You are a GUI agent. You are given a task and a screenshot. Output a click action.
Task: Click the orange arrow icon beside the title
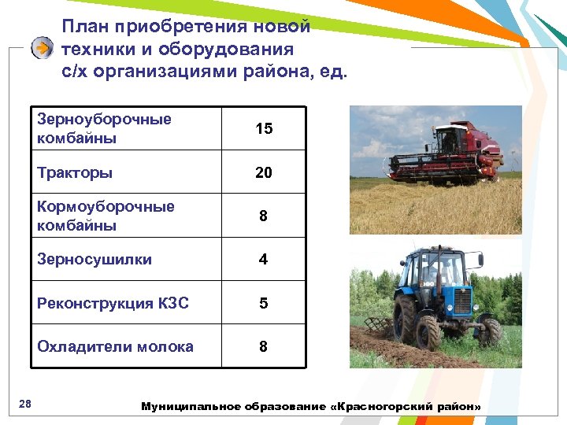(x=42, y=48)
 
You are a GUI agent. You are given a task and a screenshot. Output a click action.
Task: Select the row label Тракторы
(x=75, y=172)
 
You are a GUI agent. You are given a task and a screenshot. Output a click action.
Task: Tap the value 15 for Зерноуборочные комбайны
(x=264, y=128)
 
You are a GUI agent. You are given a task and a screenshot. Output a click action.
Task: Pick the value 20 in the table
(x=264, y=172)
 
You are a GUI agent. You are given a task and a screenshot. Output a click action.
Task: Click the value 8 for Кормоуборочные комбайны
(x=264, y=216)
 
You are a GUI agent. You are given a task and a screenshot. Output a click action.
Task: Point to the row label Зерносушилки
(x=94, y=259)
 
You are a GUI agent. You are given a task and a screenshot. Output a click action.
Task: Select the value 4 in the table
(x=264, y=259)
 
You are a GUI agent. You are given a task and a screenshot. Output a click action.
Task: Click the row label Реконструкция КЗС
(x=113, y=303)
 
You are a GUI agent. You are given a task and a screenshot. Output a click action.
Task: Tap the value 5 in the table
(x=264, y=303)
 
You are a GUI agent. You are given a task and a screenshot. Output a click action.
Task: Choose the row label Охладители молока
(x=115, y=346)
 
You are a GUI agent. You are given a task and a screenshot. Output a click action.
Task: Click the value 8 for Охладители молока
(x=264, y=346)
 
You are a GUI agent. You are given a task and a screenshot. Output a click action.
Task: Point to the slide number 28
(x=24, y=404)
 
